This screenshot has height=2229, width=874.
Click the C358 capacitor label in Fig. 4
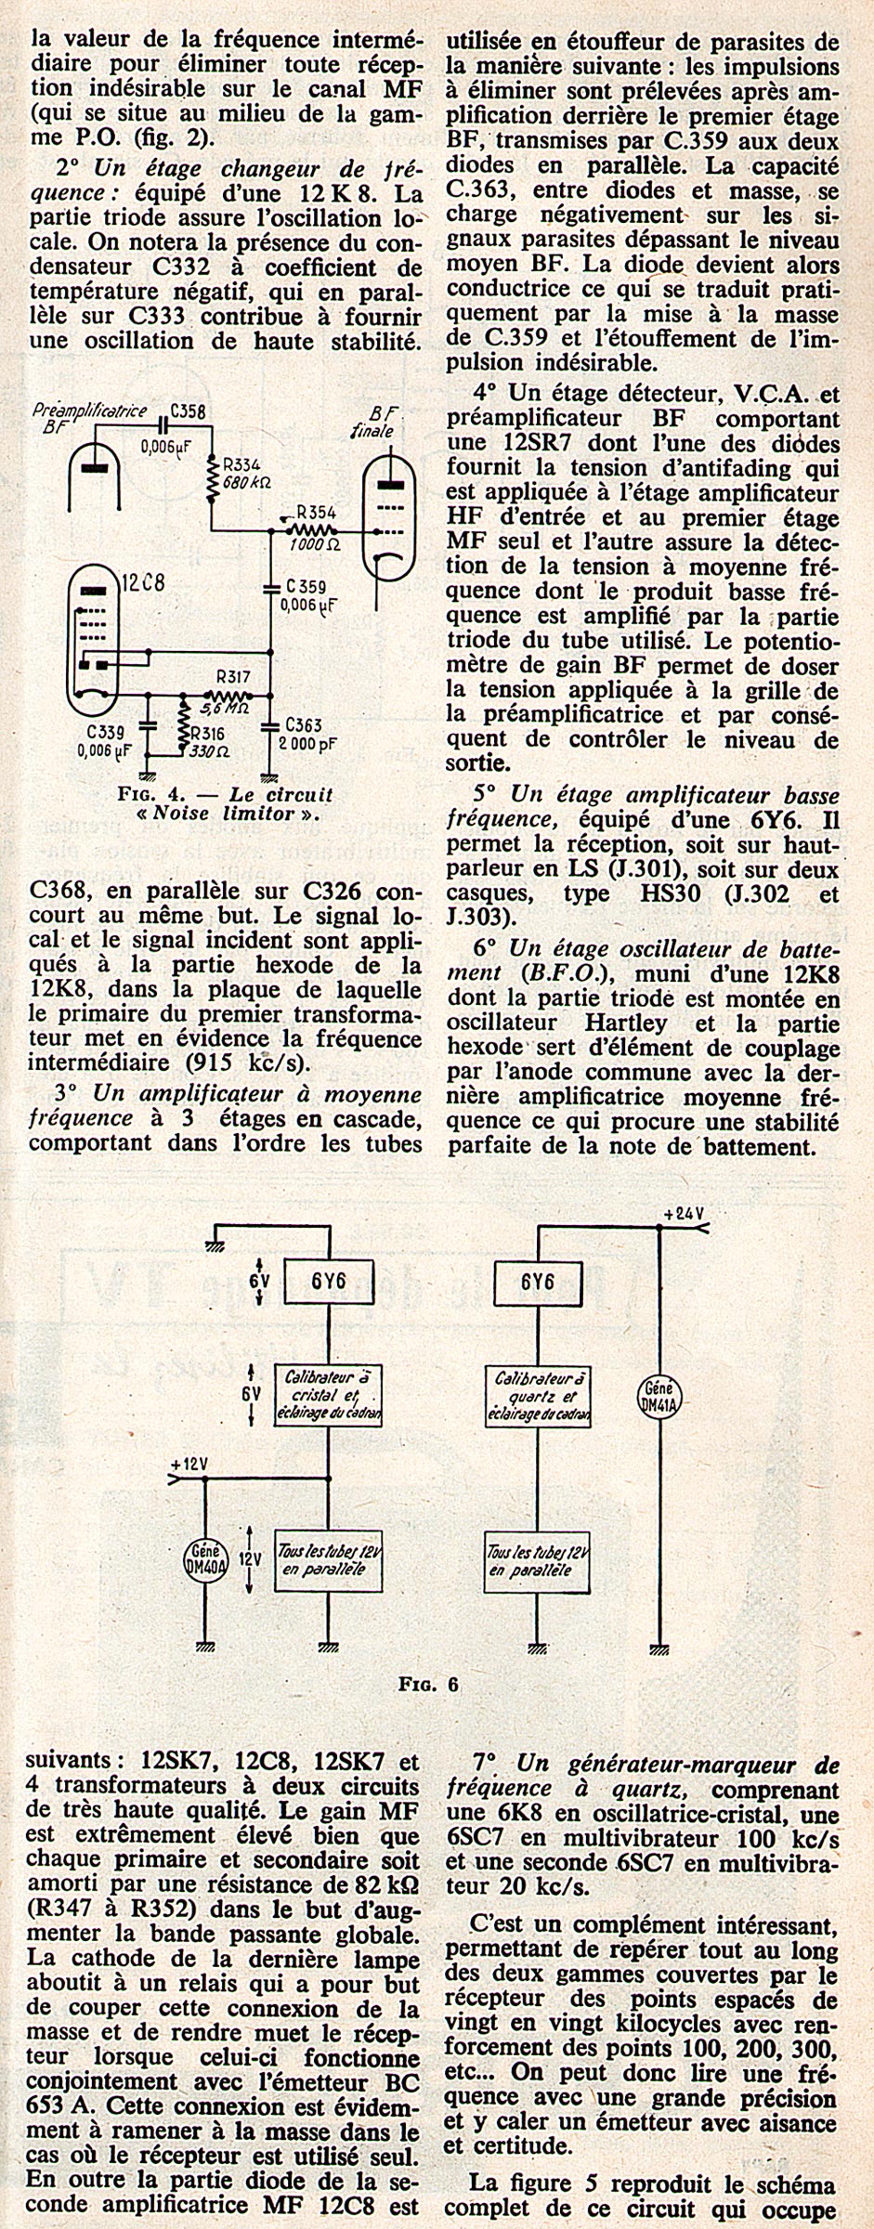point(189,410)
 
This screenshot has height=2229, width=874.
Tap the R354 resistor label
point(316,512)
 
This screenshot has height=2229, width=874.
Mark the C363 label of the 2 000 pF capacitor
point(304,723)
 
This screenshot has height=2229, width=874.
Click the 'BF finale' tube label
point(382,424)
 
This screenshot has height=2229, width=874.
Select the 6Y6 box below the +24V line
point(538,1282)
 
